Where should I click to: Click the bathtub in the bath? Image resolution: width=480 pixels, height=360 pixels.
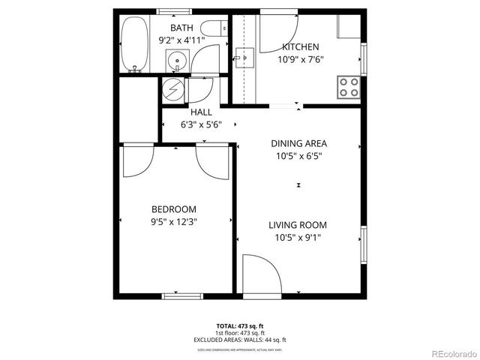click(136, 45)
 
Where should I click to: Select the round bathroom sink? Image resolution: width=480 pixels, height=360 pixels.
click(178, 61)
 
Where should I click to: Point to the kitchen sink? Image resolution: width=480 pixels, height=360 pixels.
click(244, 58)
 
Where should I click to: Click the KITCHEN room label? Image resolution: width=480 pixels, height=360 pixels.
click(299, 46)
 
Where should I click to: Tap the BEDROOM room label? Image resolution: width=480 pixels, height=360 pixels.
click(174, 209)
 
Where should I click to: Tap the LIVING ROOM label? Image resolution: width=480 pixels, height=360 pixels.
click(299, 225)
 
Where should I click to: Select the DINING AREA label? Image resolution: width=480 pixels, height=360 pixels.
click(299, 143)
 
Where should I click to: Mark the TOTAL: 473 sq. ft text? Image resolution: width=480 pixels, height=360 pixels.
click(240, 325)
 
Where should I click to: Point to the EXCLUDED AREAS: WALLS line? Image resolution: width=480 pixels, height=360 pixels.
click(240, 340)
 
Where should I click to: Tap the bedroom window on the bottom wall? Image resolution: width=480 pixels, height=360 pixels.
click(183, 295)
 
